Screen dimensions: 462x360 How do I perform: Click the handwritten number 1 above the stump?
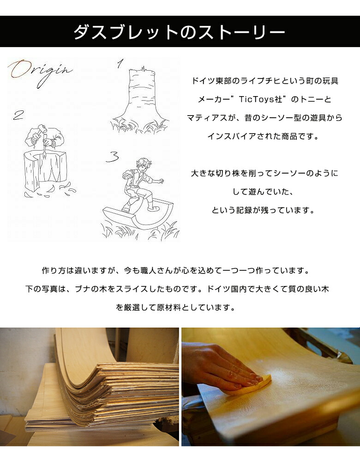click(120, 64)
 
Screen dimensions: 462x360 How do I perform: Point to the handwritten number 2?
click(18, 115)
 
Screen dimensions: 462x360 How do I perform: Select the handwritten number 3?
click(112, 157)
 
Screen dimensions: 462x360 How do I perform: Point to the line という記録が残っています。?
click(264, 210)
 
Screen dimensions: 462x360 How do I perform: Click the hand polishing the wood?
click(222, 363)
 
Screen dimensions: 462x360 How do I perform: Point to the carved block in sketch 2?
click(44, 171)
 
